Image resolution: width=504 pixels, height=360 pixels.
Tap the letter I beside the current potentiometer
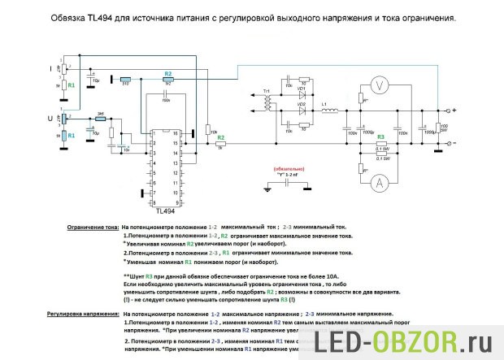pyautogui.click(x=51, y=66)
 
